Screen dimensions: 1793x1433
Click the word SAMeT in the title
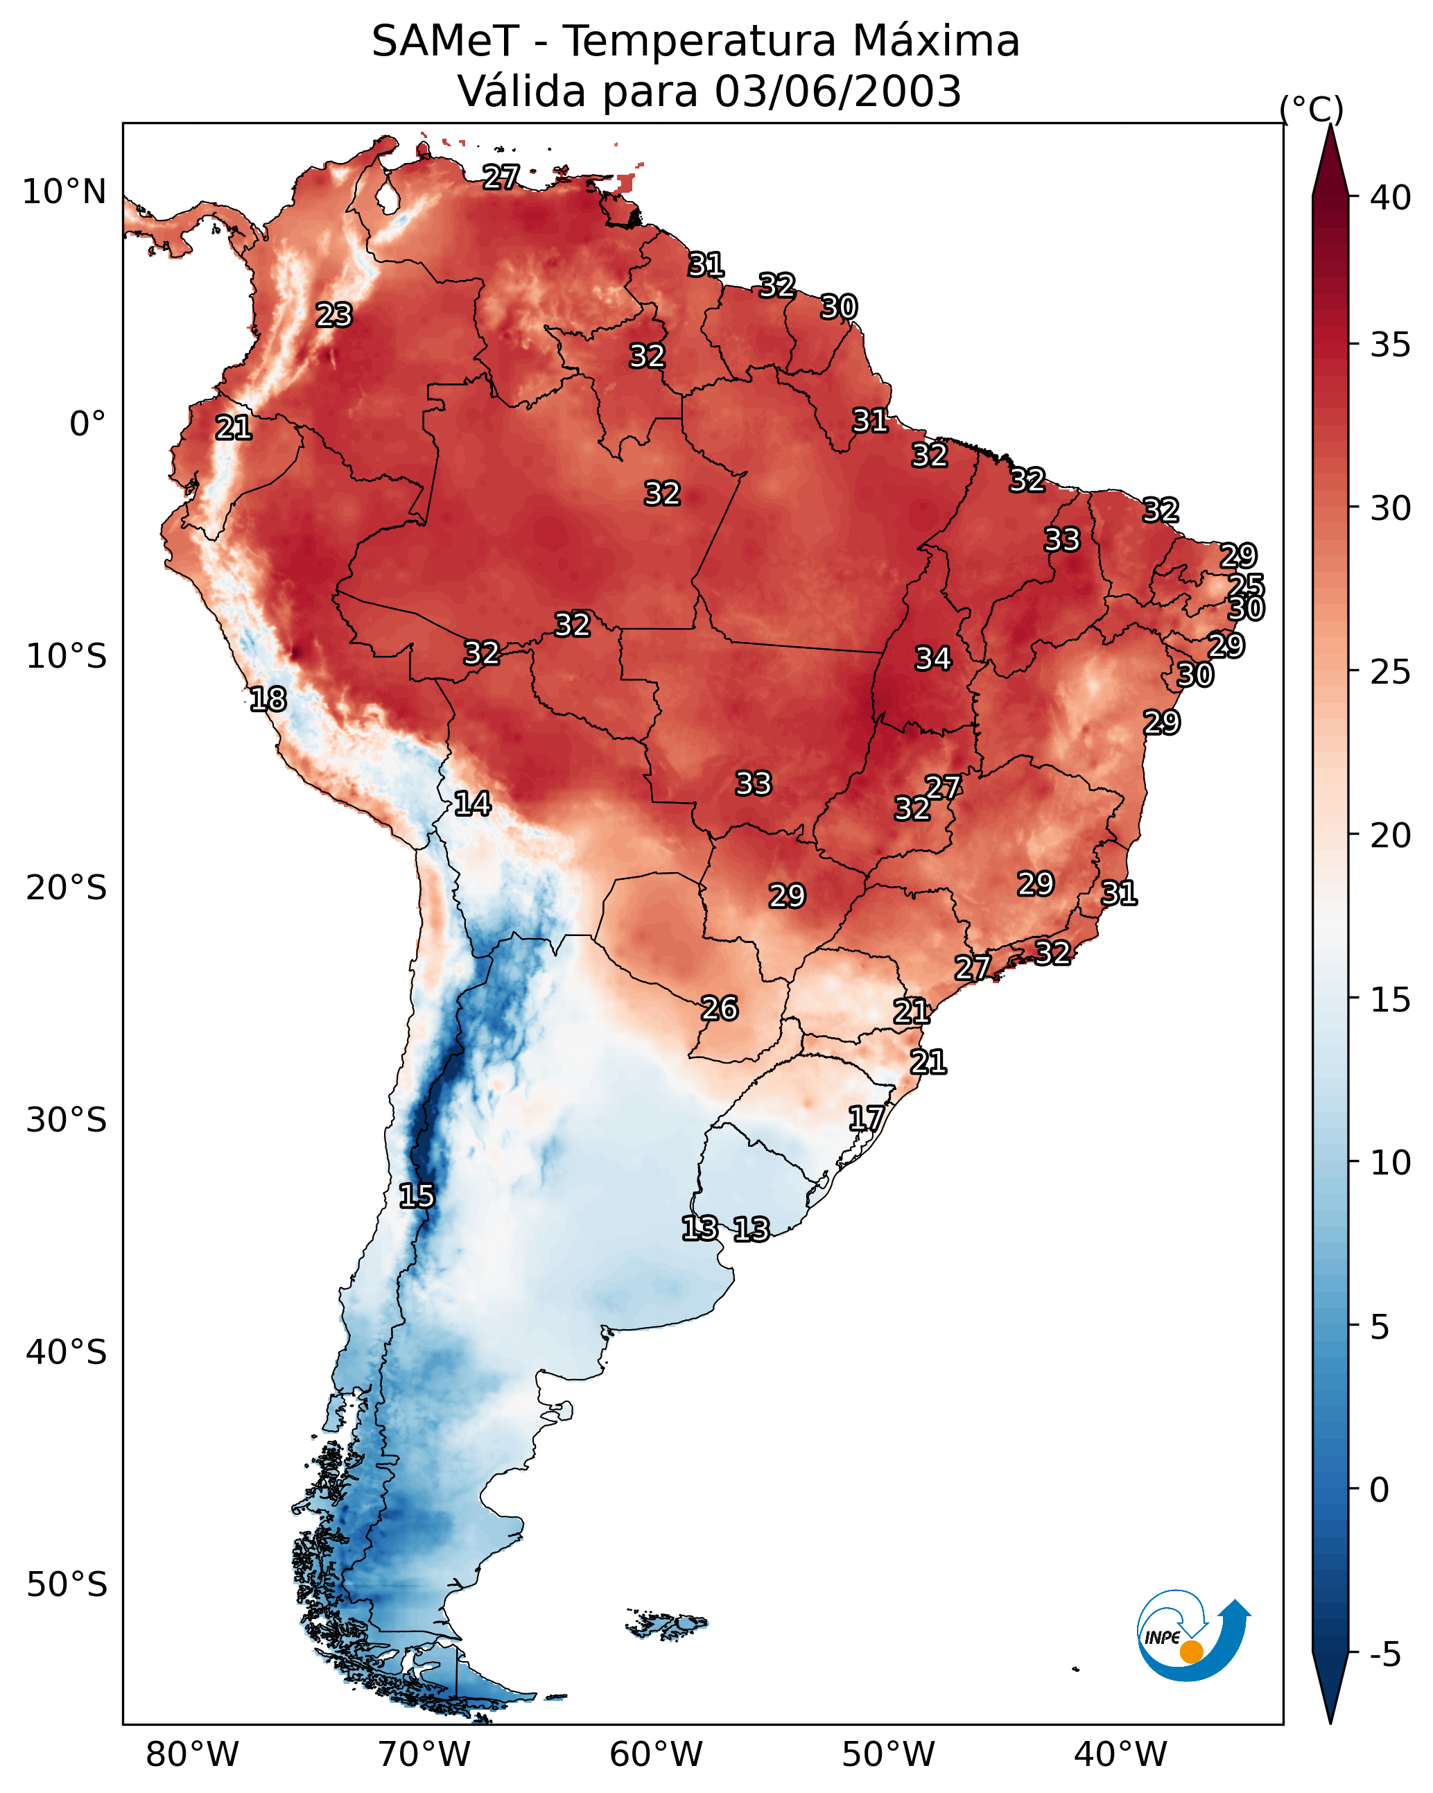pos(445,42)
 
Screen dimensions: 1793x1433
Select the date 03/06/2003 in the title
pos(837,92)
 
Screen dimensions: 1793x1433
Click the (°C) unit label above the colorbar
pos(1312,109)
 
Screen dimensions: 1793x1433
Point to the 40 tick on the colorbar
pos(1391,198)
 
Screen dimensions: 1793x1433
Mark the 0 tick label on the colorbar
pos(1379,1490)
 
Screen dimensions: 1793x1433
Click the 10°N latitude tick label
pos(64,192)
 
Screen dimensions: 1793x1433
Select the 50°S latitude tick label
pos(67,1585)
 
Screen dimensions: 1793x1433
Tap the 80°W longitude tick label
pos(192,1755)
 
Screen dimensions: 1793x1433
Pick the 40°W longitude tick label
pos(1120,1755)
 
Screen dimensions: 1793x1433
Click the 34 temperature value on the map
pos(933,659)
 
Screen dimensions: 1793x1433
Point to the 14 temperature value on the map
pos(472,804)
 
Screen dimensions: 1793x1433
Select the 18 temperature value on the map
pos(268,700)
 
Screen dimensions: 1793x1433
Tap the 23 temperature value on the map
pos(334,315)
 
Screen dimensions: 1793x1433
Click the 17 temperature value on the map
pos(866,1118)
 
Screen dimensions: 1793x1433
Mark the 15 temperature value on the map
pos(417,1196)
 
